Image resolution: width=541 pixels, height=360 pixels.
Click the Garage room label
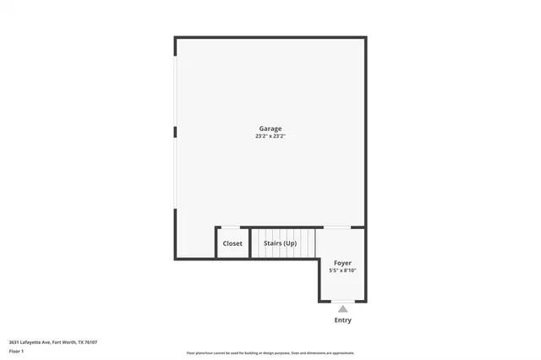coord(270,128)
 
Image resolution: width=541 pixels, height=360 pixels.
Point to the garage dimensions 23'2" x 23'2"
coord(270,136)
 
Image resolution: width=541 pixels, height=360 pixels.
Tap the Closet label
coord(232,243)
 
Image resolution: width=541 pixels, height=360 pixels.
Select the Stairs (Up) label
coord(280,243)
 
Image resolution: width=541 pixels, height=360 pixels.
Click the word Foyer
coord(342,263)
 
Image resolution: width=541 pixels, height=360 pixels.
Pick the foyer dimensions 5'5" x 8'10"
coord(342,270)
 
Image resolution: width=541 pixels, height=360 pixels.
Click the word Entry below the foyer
coord(342,320)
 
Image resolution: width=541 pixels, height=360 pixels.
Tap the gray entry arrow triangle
coord(342,309)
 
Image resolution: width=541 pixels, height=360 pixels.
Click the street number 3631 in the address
coord(14,342)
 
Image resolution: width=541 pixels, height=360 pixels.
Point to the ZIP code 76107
coord(90,342)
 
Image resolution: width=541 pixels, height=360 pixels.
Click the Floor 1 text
coord(16,351)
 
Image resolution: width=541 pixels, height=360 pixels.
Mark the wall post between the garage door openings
coord(175,132)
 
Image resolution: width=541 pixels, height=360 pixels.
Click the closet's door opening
coord(231,226)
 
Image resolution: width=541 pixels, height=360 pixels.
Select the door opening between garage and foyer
coord(337,226)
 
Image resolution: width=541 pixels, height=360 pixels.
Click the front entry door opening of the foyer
coord(342,301)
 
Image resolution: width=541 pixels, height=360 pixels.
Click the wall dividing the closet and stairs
coord(250,243)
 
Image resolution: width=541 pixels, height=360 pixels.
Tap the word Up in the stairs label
coord(290,243)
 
